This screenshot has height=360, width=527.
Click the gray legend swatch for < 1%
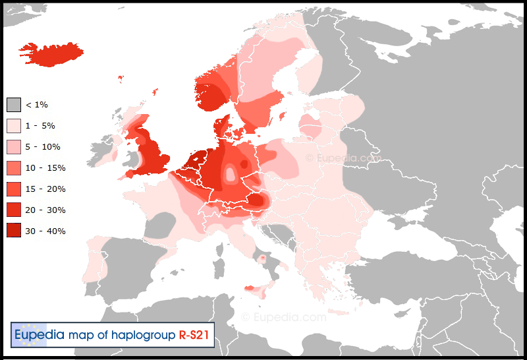click(14, 105)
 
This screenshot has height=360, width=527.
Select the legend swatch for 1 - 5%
click(14, 126)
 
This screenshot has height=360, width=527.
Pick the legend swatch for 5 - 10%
click(14, 147)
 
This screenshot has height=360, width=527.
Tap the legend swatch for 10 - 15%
click(14, 168)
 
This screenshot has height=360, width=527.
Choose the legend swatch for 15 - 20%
click(14, 189)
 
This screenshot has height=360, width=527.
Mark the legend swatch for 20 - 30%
click(14, 210)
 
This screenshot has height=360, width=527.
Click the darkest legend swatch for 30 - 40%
click(14, 231)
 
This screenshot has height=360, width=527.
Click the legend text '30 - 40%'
click(45, 231)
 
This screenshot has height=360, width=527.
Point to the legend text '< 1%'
click(36, 105)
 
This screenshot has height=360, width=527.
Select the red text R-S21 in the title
click(194, 335)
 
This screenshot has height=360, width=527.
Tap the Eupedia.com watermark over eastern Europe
click(343, 158)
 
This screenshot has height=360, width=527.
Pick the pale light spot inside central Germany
click(231, 175)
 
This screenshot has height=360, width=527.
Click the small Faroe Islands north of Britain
click(121, 78)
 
